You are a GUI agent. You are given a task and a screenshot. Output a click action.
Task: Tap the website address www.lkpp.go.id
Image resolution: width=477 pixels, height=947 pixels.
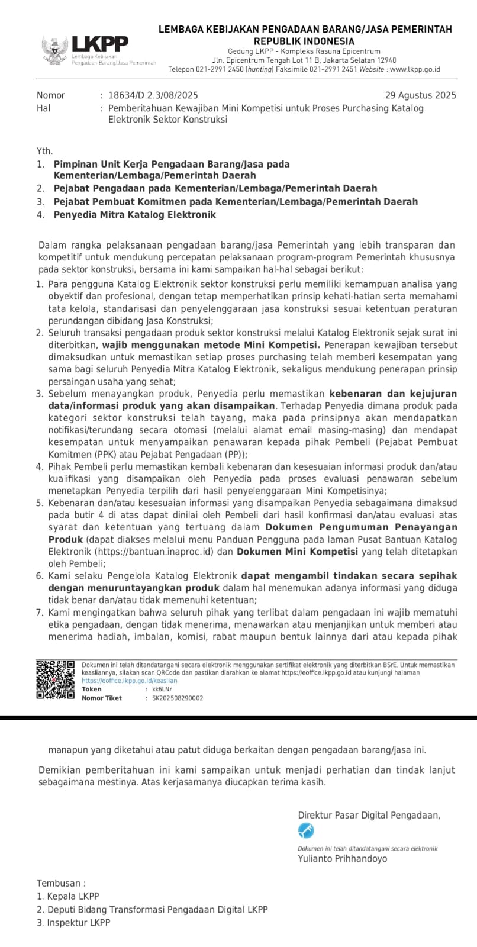(x=415, y=69)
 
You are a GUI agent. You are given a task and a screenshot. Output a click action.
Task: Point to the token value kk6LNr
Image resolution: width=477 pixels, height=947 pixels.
(x=162, y=689)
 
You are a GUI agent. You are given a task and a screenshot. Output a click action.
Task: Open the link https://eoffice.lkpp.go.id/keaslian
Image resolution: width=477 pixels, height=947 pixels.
(x=129, y=681)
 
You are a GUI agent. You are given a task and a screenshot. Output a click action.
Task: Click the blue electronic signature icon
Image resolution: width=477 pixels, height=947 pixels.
(x=306, y=831)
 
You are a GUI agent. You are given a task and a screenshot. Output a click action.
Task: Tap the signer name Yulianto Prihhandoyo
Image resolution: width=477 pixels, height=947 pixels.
(x=342, y=858)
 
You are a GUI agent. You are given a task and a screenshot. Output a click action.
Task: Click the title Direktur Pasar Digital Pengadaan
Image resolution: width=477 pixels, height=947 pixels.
(x=369, y=815)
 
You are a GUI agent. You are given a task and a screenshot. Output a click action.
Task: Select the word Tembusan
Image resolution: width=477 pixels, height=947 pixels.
(x=61, y=883)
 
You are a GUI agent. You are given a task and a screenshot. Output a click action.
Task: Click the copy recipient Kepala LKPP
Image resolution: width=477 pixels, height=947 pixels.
(x=73, y=896)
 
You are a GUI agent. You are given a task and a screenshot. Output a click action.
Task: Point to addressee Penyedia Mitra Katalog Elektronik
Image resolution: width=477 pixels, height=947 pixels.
(x=134, y=215)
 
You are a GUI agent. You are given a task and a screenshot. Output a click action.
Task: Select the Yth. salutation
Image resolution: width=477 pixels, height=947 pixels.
(x=45, y=152)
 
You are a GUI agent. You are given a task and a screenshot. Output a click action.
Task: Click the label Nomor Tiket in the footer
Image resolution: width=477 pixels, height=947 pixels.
(x=102, y=698)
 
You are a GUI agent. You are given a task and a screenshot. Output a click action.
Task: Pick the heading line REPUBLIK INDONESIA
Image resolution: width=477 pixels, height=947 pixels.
(x=304, y=41)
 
